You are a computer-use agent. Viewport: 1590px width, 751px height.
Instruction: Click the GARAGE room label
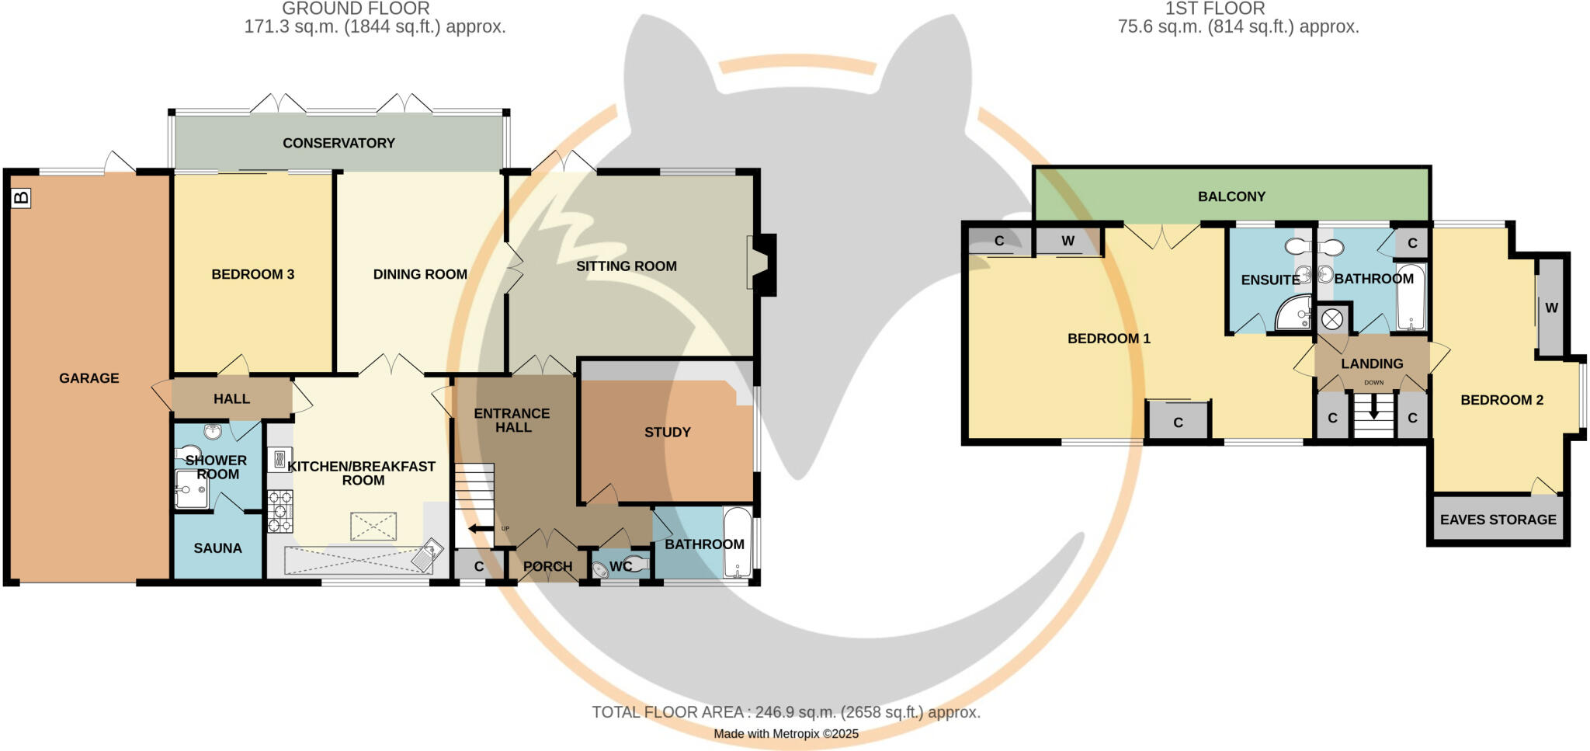pos(89,378)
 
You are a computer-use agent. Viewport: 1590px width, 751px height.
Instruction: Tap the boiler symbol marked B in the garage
pos(22,198)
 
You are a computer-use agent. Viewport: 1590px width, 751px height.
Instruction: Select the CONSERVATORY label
pos(338,143)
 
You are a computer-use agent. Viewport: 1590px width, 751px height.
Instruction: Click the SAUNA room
pos(217,548)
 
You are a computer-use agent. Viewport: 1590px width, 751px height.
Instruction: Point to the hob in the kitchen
pos(280,511)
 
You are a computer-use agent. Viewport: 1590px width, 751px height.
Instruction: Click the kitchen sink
pos(429,556)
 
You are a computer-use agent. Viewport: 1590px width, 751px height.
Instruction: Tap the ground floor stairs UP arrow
pos(481,530)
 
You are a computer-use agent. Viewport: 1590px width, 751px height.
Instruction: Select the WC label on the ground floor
pos(620,567)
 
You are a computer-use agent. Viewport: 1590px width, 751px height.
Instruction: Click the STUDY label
pos(667,433)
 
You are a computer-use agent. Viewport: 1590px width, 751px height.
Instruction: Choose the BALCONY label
pos(1231,196)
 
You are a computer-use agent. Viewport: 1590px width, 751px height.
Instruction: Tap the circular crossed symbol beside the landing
pos(1332,319)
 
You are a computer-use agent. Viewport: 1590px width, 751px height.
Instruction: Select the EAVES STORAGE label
pos(1498,520)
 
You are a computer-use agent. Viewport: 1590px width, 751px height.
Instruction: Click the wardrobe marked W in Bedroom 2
pos(1551,308)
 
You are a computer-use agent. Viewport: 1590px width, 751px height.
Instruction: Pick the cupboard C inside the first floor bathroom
pos(1412,243)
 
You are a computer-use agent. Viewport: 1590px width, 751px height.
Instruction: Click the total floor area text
pos(786,712)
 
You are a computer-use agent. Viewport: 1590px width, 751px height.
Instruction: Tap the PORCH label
pos(547,567)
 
